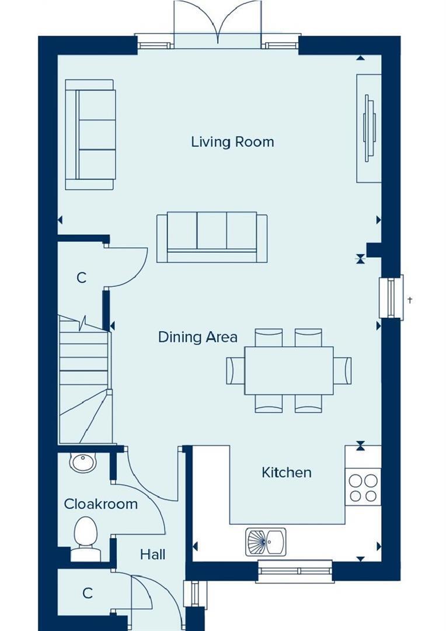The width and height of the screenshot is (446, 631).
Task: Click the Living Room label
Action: pos(232,141)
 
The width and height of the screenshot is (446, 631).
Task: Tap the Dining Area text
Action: pos(197,337)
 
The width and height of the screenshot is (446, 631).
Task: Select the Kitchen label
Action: pos(287,472)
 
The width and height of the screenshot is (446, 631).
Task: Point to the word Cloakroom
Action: pos(100,504)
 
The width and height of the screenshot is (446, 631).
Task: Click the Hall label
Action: pos(152,554)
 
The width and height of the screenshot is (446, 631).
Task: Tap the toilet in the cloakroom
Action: pos(86,539)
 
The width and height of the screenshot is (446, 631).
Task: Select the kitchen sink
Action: pos(266,542)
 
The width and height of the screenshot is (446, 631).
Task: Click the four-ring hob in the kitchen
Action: pos(363,488)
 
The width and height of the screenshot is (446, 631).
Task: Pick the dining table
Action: pos(289,370)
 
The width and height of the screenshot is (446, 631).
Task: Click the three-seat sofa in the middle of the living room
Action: pos(212,237)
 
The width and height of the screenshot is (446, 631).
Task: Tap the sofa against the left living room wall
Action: pos(90,134)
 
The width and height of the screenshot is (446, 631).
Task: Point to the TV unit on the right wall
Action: pos(369,128)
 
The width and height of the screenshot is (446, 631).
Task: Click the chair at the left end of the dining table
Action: pos(235,370)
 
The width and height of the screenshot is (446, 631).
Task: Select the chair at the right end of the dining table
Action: pos(342,370)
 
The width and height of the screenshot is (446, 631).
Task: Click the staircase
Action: pos(85,380)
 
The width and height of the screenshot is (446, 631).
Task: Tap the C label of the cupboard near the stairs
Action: pos(82,278)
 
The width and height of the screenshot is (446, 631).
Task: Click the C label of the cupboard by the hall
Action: pos(87,593)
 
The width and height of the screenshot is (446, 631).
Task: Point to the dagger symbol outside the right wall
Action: pos(410,300)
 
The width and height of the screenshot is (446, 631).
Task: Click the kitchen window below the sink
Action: pos(295,571)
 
